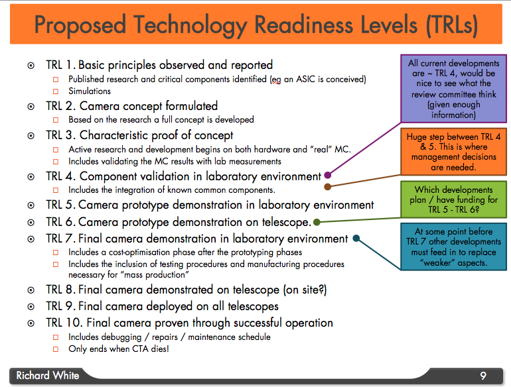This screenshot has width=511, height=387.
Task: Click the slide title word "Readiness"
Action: click(x=303, y=25)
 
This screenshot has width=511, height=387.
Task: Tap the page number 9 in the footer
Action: click(x=483, y=376)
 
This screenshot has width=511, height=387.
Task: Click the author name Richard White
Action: click(x=48, y=375)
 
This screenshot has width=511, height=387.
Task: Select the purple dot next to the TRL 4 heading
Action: click(x=328, y=175)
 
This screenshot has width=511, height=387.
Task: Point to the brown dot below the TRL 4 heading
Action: click(x=328, y=186)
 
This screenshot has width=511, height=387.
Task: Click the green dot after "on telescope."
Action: click(x=317, y=222)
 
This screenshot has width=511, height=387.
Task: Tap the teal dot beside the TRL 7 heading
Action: click(x=356, y=239)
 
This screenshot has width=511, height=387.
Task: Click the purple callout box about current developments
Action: click(x=453, y=89)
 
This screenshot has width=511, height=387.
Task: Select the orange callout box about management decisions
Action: click(x=453, y=151)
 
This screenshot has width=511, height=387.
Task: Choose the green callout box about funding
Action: click(x=453, y=199)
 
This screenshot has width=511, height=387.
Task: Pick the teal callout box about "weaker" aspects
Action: click(x=453, y=247)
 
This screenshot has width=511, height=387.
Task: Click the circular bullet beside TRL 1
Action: click(x=31, y=66)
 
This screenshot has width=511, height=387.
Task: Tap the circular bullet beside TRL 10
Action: click(x=31, y=323)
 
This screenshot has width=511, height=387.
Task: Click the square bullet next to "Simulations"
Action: click(x=56, y=91)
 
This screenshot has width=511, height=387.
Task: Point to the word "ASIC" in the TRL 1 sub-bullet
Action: click(x=306, y=79)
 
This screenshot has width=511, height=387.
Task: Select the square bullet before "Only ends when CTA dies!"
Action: click(x=56, y=349)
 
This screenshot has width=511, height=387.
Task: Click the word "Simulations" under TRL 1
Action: click(x=90, y=91)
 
